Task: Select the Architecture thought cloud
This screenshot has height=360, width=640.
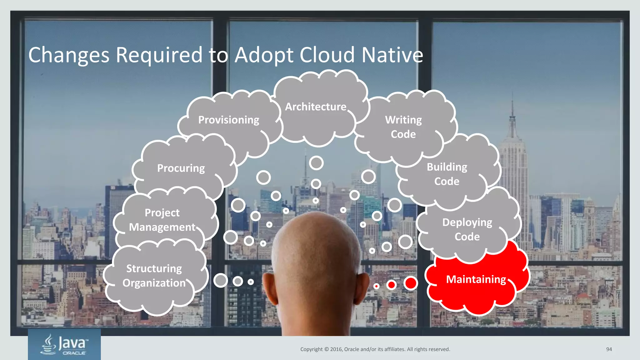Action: [316, 107]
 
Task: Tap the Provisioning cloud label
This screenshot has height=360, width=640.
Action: [229, 120]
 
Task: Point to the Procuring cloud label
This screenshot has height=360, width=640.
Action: [181, 168]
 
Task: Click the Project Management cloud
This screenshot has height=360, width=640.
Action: [162, 220]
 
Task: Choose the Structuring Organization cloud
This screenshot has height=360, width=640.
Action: [154, 276]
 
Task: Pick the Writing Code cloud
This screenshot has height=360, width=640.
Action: [403, 127]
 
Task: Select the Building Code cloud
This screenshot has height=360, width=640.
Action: [447, 174]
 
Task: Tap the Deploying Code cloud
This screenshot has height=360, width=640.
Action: [467, 229]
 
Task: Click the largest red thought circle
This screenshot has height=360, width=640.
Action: [410, 283]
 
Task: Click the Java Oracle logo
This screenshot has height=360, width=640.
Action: [64, 344]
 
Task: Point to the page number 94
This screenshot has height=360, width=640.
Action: [609, 349]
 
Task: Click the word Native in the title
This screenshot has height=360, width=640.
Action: [392, 55]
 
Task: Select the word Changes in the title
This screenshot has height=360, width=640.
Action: [69, 55]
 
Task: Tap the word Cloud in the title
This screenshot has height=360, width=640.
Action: [327, 55]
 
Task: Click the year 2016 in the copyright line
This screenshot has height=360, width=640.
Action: [336, 349]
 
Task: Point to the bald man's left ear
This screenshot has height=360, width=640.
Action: [269, 287]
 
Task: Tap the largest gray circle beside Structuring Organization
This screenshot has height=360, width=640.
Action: [221, 280]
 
